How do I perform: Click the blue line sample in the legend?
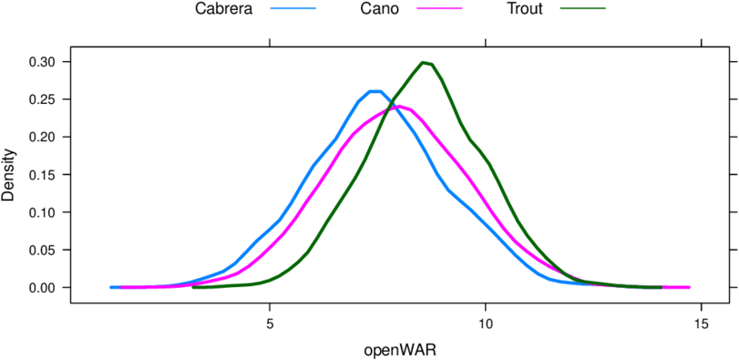click(x=293, y=8)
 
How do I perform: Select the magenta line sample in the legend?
click(x=439, y=8)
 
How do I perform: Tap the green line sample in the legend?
click(x=583, y=8)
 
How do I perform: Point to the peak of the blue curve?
click(x=374, y=91)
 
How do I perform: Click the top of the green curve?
click(x=426, y=62)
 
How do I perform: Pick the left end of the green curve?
click(x=194, y=287)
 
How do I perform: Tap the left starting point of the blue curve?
click(x=111, y=287)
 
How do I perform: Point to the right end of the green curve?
click(x=660, y=287)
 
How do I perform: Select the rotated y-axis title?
click(x=9, y=173)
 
